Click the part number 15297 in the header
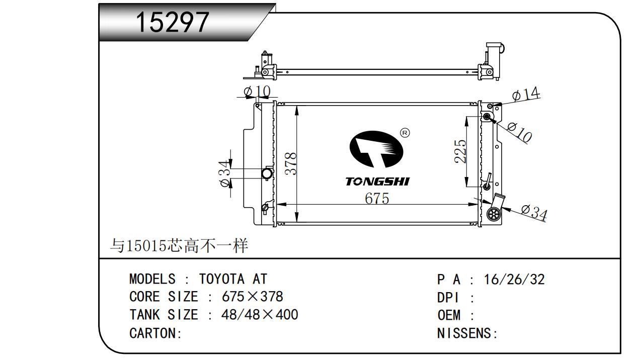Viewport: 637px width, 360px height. (172, 22)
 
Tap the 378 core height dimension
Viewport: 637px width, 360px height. (291, 164)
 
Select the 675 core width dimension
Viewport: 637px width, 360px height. (377, 199)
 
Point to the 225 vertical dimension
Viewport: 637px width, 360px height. (460, 151)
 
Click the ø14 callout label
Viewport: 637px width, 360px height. (526, 94)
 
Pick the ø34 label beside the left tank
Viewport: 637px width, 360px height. (224, 173)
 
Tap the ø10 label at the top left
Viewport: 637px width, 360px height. (257, 92)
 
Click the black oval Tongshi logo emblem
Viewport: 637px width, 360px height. (376, 149)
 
